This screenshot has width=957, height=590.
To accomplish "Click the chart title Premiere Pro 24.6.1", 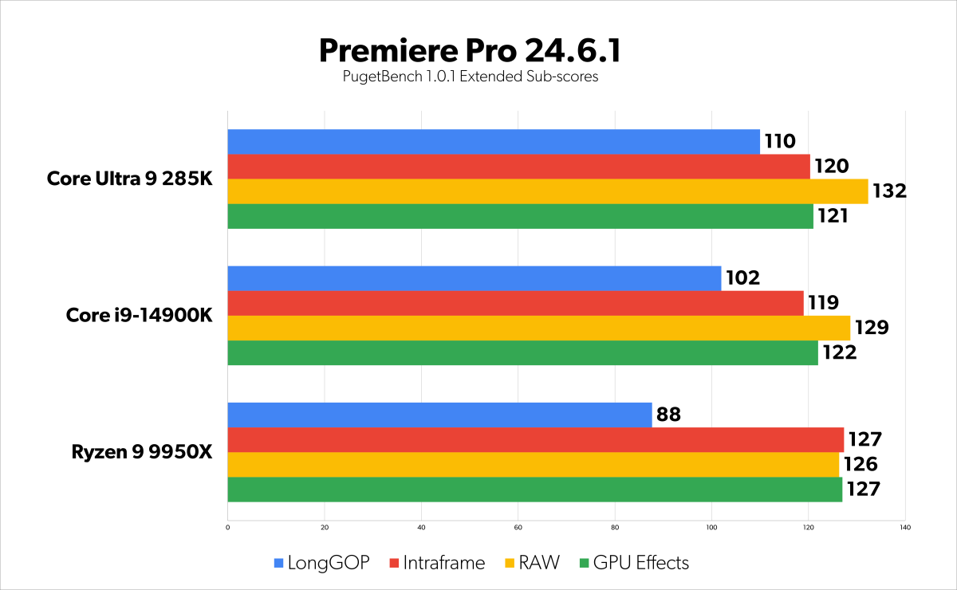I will pyautogui.click(x=470, y=50).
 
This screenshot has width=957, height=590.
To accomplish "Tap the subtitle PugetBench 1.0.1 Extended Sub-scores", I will pyautogui.click(x=470, y=77).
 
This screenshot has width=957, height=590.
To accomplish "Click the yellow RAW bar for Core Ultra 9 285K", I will pyautogui.click(x=547, y=191).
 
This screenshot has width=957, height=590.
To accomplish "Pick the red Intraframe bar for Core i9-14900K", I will pyautogui.click(x=515, y=303).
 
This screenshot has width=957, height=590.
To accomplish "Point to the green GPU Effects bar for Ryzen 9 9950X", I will pyautogui.click(x=534, y=490).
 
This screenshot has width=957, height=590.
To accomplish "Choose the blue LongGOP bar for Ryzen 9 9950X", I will pyautogui.click(x=439, y=415).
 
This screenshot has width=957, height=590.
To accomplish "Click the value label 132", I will pyautogui.click(x=891, y=191).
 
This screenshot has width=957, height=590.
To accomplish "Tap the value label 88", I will pyautogui.click(x=668, y=415).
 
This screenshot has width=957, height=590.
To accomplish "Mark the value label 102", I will pyautogui.click(x=742, y=278).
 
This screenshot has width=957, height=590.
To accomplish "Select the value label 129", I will pyautogui.click(x=872, y=328).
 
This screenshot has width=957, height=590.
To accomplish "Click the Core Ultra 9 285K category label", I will pyautogui.click(x=129, y=179).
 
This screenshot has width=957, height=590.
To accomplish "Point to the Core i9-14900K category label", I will pyautogui.click(x=139, y=316).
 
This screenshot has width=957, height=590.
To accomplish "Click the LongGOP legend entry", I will pyautogui.click(x=321, y=563).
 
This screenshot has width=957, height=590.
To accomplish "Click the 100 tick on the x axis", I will pyautogui.click(x=711, y=527).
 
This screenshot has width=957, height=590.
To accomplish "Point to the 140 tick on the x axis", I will pyautogui.click(x=904, y=527).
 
